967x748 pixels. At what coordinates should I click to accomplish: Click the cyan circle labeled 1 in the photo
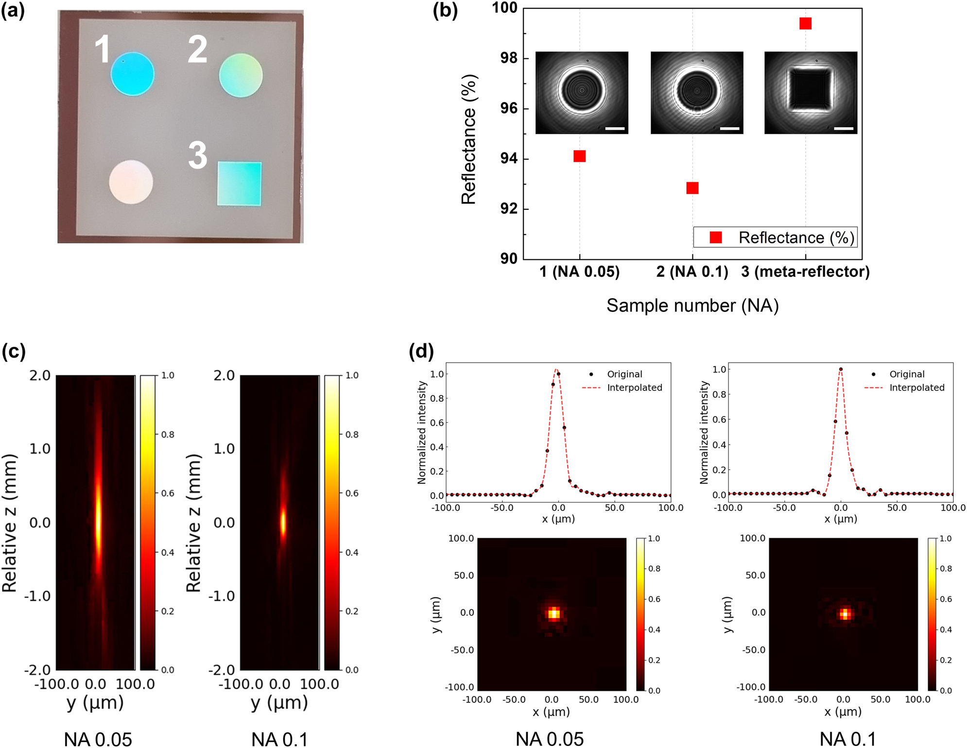(x=132, y=74)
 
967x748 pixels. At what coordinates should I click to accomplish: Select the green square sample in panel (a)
(x=239, y=184)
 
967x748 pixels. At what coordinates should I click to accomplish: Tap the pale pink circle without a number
(x=131, y=182)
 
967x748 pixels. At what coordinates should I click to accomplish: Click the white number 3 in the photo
(x=198, y=155)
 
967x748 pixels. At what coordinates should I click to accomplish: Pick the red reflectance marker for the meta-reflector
(x=805, y=23)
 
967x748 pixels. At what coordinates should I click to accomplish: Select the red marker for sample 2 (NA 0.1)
(x=692, y=188)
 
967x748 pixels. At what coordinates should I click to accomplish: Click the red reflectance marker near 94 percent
(x=579, y=156)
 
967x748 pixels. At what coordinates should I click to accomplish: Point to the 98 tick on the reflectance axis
(x=509, y=58)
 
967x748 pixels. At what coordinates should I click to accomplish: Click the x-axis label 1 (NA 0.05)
(x=579, y=272)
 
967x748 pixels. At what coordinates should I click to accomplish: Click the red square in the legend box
(x=715, y=238)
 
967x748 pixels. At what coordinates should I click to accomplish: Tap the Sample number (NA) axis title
(x=692, y=306)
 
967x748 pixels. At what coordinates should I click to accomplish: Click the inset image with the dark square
(x=811, y=92)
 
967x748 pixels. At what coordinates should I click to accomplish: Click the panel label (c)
(x=14, y=351)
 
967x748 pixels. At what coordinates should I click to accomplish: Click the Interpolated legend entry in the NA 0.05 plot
(x=634, y=388)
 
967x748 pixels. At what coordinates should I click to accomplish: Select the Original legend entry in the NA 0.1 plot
(x=906, y=374)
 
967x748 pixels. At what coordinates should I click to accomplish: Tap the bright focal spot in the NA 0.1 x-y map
(x=845, y=614)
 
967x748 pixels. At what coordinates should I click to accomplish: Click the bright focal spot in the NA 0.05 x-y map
(x=554, y=613)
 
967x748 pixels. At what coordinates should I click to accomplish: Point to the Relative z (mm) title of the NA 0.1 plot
(x=193, y=523)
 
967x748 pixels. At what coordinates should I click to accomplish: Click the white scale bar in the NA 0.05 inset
(x=615, y=129)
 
